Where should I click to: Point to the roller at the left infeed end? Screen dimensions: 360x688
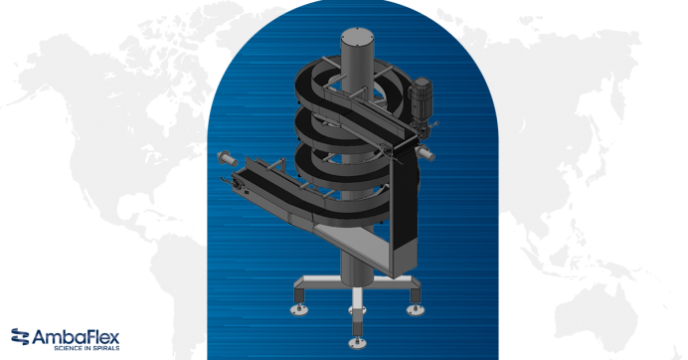[x=227, y=157]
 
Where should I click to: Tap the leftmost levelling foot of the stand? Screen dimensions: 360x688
[x=298, y=308]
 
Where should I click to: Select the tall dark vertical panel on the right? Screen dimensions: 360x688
[x=404, y=219]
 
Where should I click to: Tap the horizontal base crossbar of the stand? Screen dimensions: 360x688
[x=356, y=283]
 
